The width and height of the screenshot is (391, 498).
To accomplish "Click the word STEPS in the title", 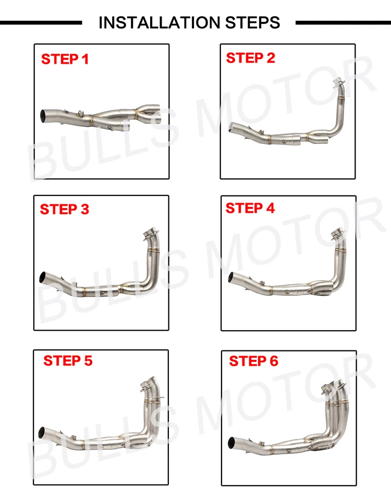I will click(x=253, y=22).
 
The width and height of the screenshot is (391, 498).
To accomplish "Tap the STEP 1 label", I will click(x=65, y=59).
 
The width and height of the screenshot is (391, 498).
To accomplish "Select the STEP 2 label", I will click(x=250, y=58).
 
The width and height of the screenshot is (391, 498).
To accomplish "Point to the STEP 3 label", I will click(x=65, y=209).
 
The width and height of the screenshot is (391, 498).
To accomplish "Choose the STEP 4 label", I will click(x=250, y=208).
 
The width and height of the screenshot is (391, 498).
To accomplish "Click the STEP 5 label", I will click(x=68, y=360).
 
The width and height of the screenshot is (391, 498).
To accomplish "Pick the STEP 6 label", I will click(x=253, y=361).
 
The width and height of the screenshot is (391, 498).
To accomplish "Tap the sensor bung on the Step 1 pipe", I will click(x=81, y=112).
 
